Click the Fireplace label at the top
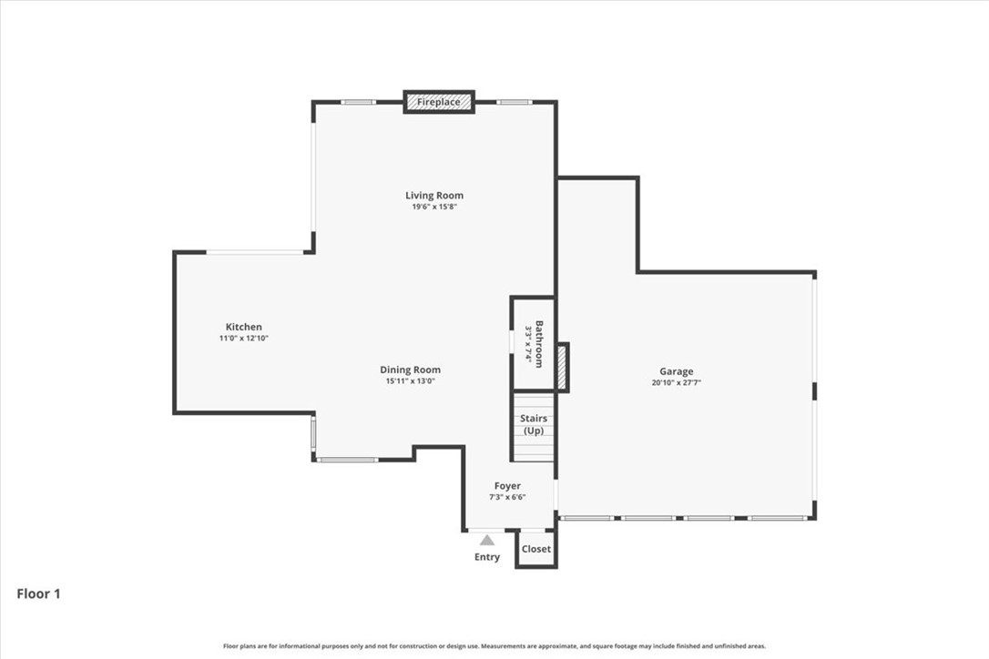pos(438,102)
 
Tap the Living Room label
pos(434,196)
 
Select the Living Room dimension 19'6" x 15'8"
pos(434,207)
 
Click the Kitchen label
pos(243,327)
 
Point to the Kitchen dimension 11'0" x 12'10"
pos(243,338)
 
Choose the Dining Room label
pos(410,370)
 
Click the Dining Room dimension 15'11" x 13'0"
pos(410,380)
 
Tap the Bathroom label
pos(539,344)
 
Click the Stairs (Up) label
pos(534,424)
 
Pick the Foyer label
pos(507,485)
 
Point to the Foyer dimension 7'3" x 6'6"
pos(507,497)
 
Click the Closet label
pos(536,549)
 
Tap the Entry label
pos(487,557)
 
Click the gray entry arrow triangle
pos(487,541)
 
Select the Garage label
pos(676,371)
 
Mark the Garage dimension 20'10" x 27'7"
pos(676,382)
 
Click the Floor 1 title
pos(38,593)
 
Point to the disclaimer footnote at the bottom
pos(494,645)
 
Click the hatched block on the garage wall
pos(562,368)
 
